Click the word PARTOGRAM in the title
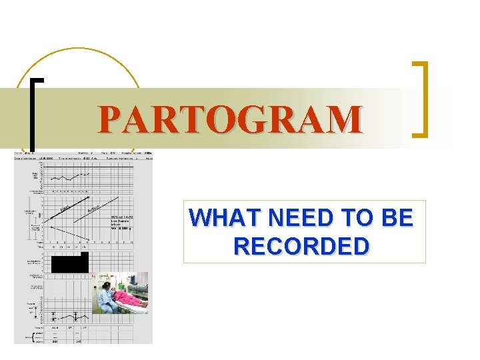(x=230, y=119)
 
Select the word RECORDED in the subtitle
(x=301, y=245)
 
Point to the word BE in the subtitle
(x=397, y=218)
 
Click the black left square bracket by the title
(x=34, y=113)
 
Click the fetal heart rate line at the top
(x=70, y=177)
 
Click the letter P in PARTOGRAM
(x=109, y=119)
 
